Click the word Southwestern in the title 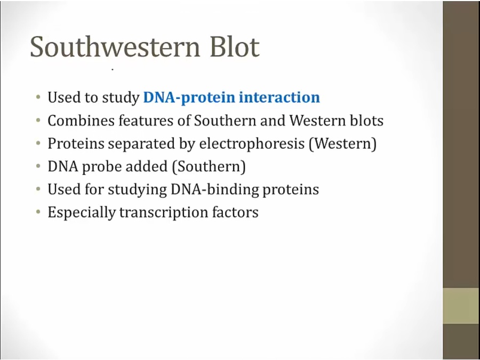coord(115,46)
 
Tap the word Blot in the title coord(235,46)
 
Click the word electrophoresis coord(252,144)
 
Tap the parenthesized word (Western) coord(342,144)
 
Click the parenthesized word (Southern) coord(209,166)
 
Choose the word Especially coord(82,212)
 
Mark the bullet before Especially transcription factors coord(38,212)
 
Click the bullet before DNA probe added coord(38,166)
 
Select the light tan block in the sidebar coord(461,306)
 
